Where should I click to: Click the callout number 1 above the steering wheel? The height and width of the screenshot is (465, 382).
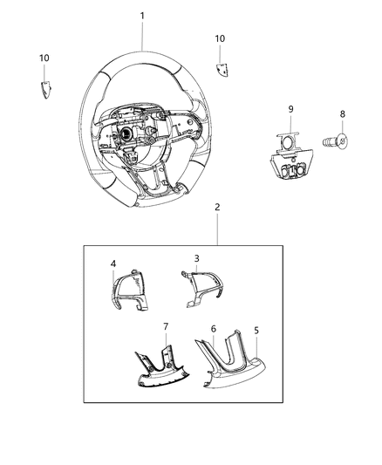pos(143,16)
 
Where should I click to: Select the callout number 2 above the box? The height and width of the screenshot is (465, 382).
pos(217,231)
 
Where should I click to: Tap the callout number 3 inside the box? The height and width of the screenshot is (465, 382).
pos(197,259)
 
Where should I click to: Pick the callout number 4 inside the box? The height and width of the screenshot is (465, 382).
pos(113,263)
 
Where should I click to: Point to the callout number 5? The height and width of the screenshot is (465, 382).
pos(256,332)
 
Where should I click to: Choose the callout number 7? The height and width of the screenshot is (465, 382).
pos(165,326)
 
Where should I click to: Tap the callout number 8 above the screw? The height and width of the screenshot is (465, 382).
pos(343,114)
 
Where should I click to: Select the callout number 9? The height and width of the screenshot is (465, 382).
pos(291,109)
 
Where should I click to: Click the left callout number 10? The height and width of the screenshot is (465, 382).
pos(44,58)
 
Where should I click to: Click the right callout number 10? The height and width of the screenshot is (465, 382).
pos(220,38)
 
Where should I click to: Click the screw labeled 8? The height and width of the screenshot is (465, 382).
pos(337,138)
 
